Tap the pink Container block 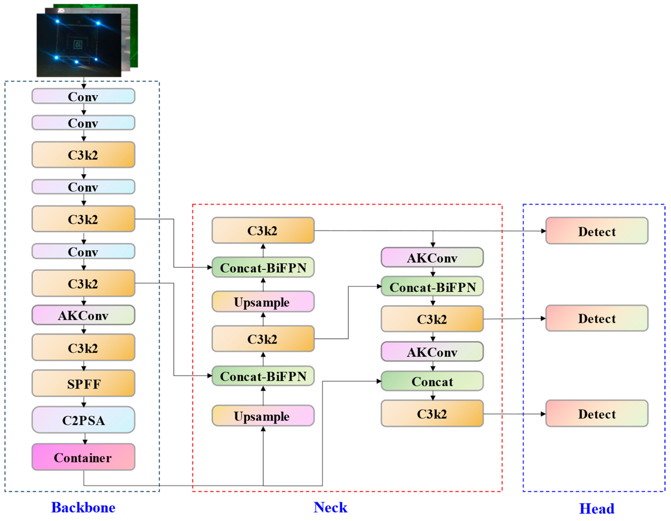(83, 457)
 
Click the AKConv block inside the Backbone (83, 315)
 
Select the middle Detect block (597, 318)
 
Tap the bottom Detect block (597, 413)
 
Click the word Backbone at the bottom (83, 507)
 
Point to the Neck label (330, 507)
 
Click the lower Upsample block (263, 416)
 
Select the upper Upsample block (263, 301)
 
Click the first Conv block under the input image (83, 96)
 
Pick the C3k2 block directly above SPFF (83, 347)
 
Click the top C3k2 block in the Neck (263, 230)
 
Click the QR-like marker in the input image (78, 44)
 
